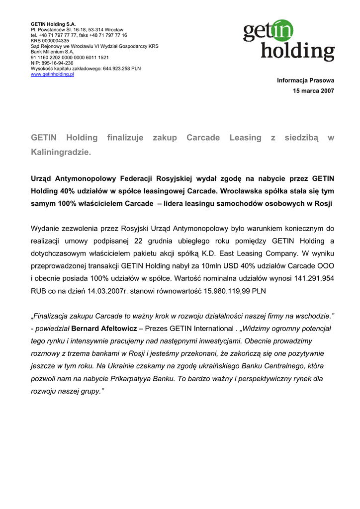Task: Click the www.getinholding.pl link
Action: pyautogui.click(x=52, y=74)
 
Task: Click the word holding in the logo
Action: pyautogui.click(x=298, y=52)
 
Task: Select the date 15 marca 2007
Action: pyautogui.click(x=314, y=91)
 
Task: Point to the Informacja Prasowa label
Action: pyautogui.click(x=306, y=80)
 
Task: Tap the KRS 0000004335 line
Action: pyautogui.click(x=50, y=41)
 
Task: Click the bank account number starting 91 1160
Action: pyautogui.click(x=70, y=58)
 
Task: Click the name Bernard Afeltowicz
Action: pyautogui.click(x=104, y=329)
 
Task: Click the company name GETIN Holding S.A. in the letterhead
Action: pyautogui.click(x=53, y=24)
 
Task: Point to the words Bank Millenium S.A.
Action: pyautogui.click(x=52, y=52)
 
